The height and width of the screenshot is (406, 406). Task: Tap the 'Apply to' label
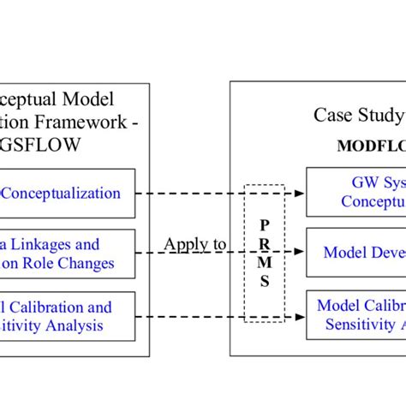194,245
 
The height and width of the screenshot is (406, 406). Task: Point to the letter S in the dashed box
265,282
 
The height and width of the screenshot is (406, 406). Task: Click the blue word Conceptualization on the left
62,193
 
